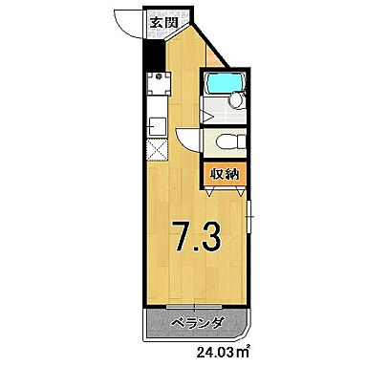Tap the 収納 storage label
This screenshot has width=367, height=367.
point(226,175)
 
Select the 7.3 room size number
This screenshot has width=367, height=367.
point(197,235)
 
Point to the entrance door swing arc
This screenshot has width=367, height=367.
point(125,21)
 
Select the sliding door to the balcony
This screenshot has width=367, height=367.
point(197,308)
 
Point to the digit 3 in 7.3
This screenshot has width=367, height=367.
point(213,235)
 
